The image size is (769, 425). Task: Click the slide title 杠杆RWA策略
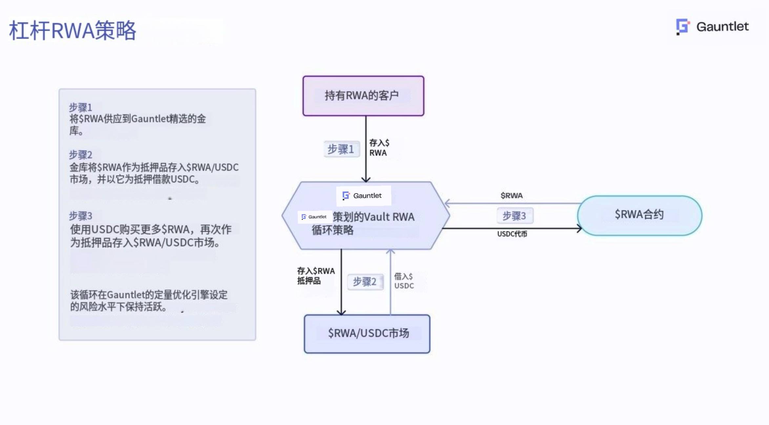point(73,30)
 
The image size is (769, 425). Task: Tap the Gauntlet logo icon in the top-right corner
point(683,27)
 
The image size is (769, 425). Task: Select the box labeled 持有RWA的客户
point(363,96)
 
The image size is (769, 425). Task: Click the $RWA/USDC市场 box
point(367,334)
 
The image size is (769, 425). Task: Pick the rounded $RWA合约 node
point(639,215)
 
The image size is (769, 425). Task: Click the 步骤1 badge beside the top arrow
point(341,149)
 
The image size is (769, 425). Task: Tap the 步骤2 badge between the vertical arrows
point(365,281)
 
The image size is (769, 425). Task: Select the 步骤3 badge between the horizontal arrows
point(514,216)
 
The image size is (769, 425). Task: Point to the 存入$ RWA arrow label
point(379,148)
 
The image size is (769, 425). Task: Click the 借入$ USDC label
point(404,281)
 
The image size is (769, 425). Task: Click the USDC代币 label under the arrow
point(512,234)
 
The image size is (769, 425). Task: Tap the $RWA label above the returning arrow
point(511,196)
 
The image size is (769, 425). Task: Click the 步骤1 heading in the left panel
point(80,107)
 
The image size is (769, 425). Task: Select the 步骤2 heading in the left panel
point(80,155)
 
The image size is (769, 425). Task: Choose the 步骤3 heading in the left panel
point(80,216)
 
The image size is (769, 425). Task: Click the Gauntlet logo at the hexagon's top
point(363,196)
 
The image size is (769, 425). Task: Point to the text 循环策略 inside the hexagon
point(333,230)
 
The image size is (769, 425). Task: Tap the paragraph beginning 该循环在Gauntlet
point(149,301)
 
